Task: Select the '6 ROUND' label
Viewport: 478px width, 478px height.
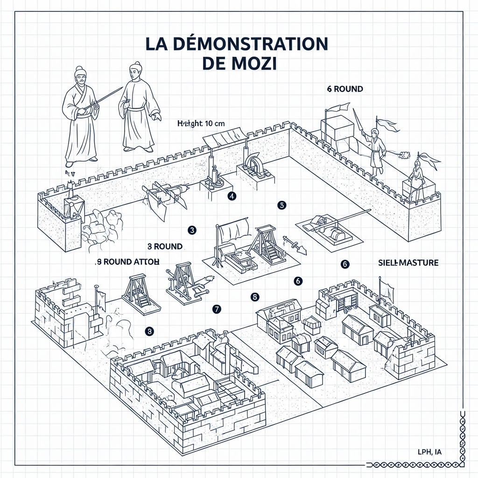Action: (345, 89)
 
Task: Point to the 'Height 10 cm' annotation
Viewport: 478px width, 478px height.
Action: (201, 123)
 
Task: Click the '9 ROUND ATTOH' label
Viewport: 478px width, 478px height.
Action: (127, 261)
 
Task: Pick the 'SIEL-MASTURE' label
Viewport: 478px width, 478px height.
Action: (408, 263)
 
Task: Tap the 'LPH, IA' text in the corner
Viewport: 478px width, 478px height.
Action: (429, 451)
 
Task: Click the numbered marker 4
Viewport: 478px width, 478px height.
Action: (232, 196)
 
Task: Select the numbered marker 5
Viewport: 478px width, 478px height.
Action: (281, 204)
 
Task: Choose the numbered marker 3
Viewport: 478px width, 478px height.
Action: (191, 229)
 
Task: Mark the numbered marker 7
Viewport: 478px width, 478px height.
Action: (216, 309)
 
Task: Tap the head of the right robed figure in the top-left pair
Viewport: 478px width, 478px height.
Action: (135, 71)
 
